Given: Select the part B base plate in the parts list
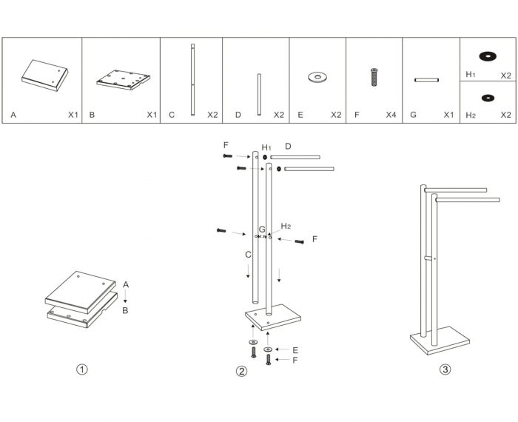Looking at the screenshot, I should point(124,78).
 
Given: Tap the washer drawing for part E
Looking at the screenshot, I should point(318,76).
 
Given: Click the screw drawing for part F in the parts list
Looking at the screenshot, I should point(374,76).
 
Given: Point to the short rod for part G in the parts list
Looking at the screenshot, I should point(428,79).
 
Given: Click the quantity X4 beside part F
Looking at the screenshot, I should point(391,115).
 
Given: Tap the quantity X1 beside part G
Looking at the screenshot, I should point(448,115).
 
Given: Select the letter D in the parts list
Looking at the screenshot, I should point(238,115).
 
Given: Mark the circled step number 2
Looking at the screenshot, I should point(241,371).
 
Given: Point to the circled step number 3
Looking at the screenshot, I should point(444,369).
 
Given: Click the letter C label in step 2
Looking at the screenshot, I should point(249,255).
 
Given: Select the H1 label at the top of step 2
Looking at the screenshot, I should point(267,147).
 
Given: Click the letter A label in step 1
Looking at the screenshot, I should point(126,284).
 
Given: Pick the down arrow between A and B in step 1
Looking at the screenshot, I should point(125,298).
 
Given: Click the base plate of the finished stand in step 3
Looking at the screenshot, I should point(440,343).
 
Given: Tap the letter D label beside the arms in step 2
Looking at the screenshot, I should point(289,147).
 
